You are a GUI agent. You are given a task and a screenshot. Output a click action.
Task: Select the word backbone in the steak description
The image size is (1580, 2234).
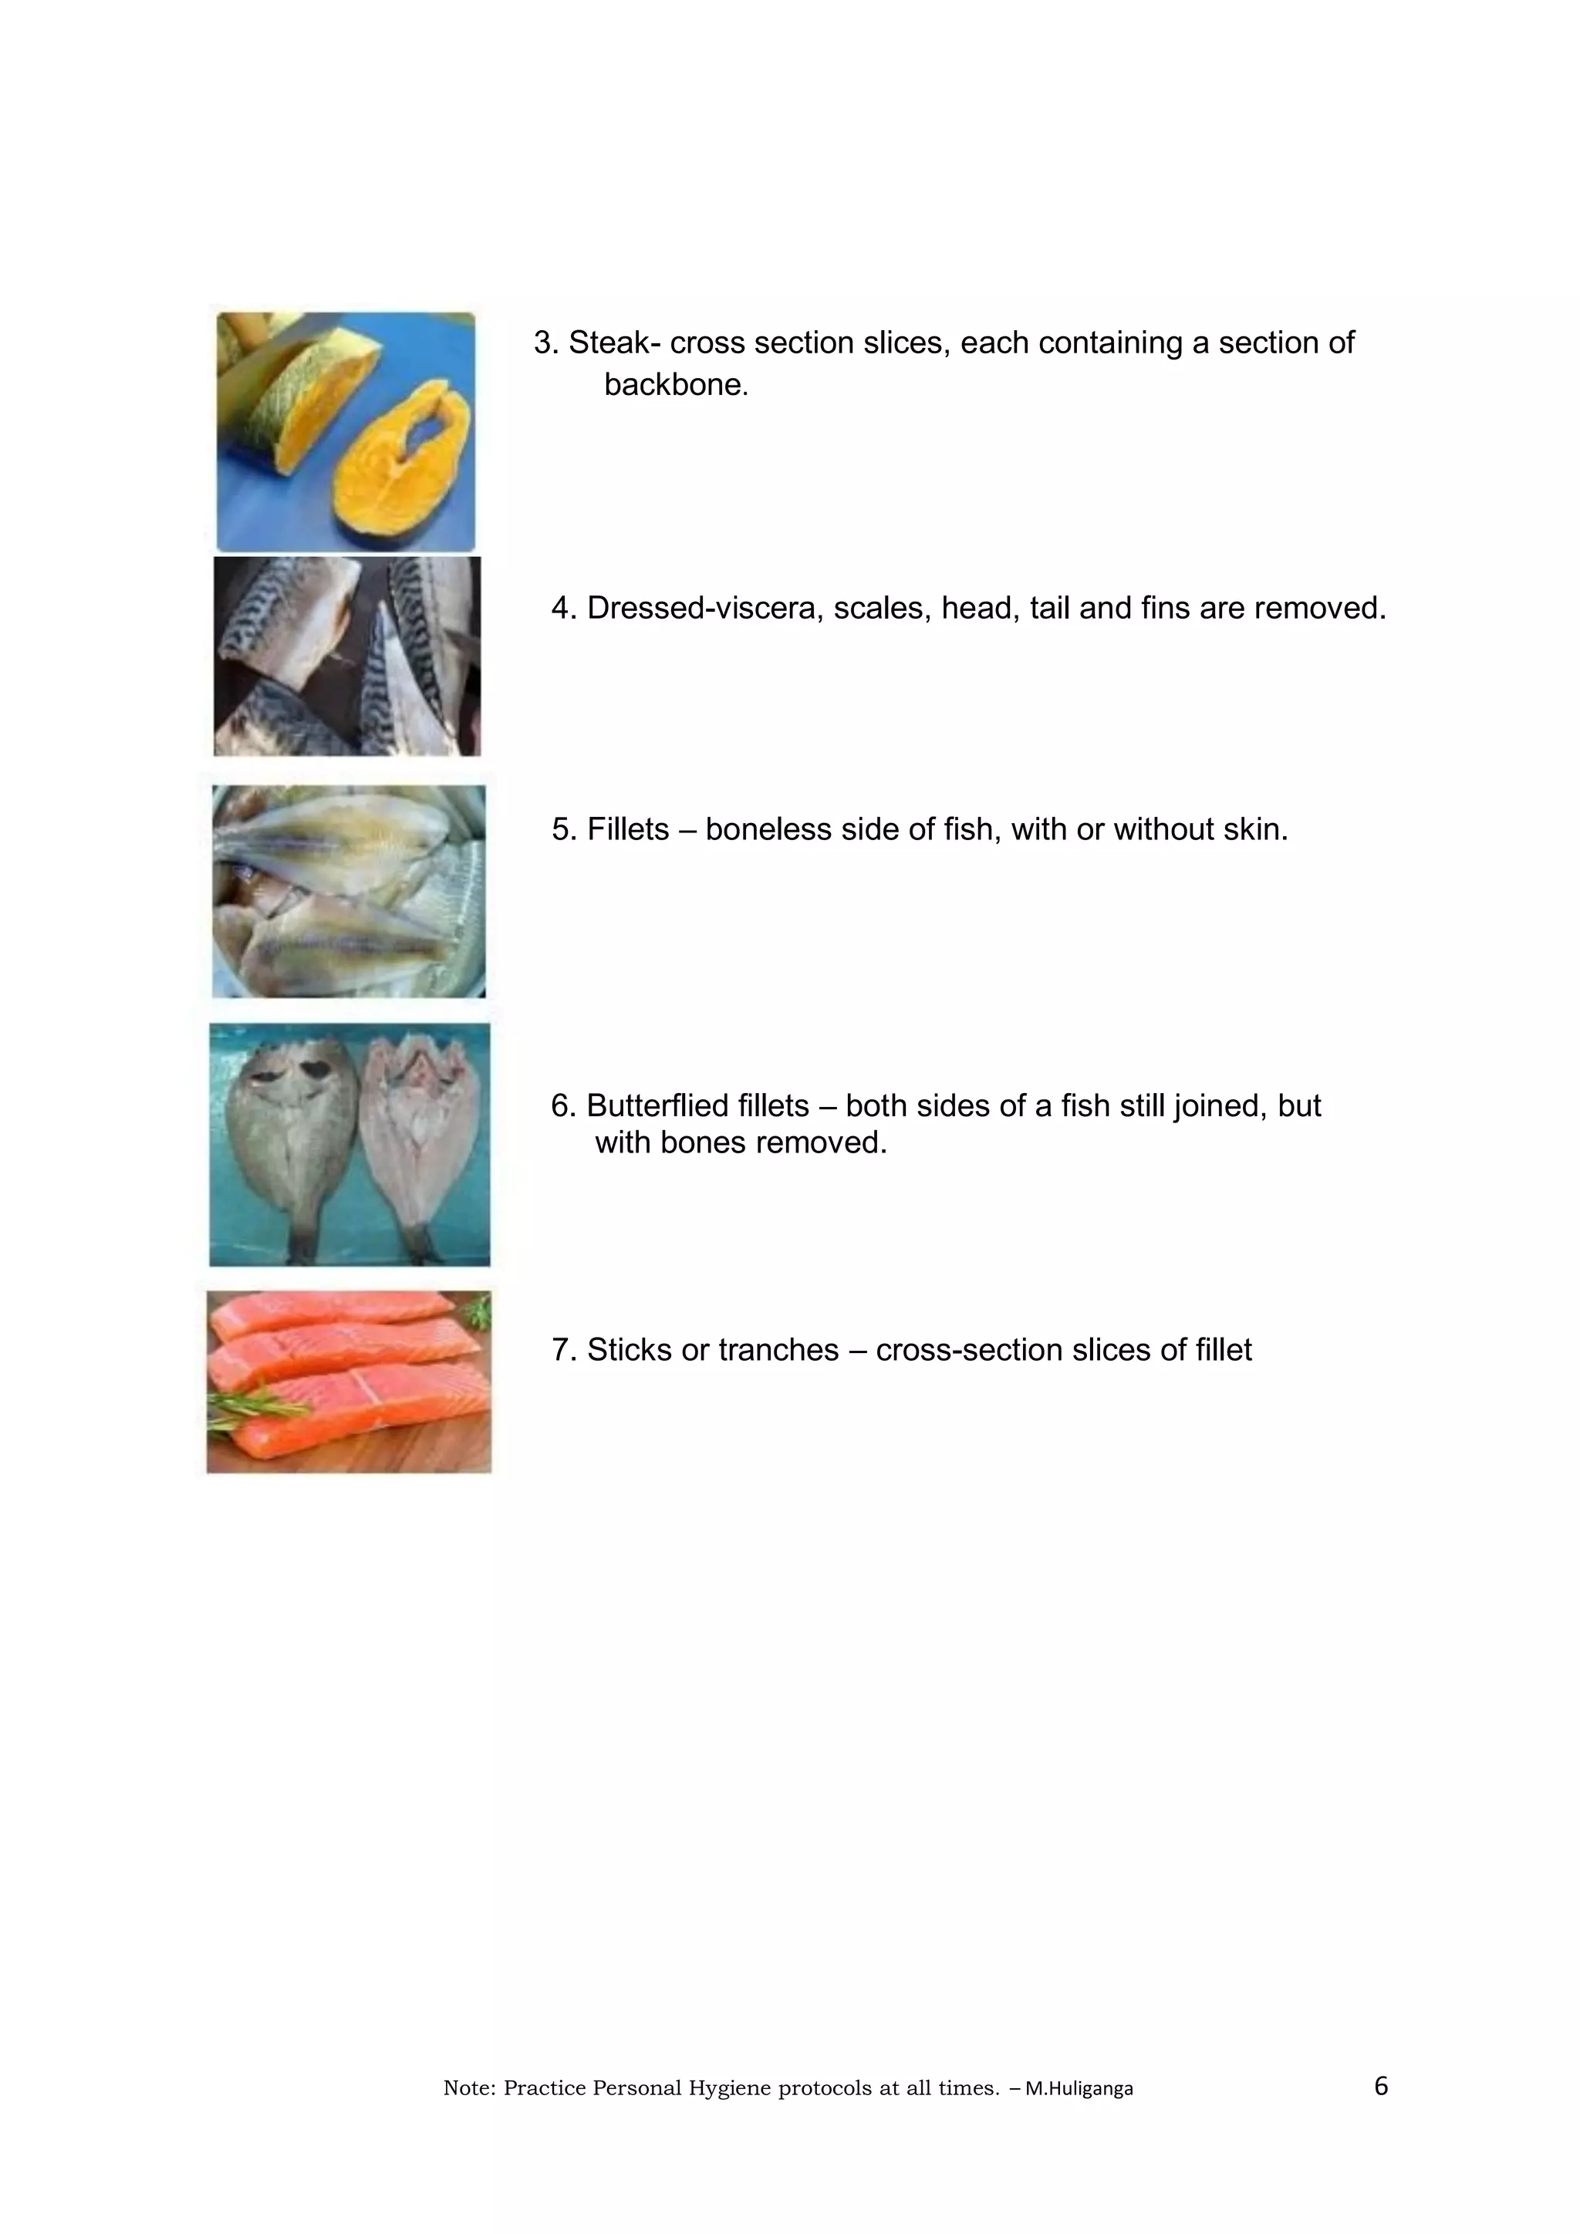675,384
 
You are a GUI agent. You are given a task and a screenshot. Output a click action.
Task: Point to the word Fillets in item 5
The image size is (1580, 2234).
627,829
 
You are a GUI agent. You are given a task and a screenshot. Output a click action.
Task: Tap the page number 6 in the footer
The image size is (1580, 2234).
1380,2085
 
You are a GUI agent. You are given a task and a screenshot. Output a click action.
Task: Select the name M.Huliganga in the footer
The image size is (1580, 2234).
1079,2088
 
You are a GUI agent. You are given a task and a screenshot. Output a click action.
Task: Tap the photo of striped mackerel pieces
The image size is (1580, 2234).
347,656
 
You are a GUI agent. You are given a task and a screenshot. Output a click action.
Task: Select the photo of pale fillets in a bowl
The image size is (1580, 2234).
348,890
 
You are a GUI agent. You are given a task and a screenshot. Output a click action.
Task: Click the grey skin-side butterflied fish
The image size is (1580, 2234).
288,1133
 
